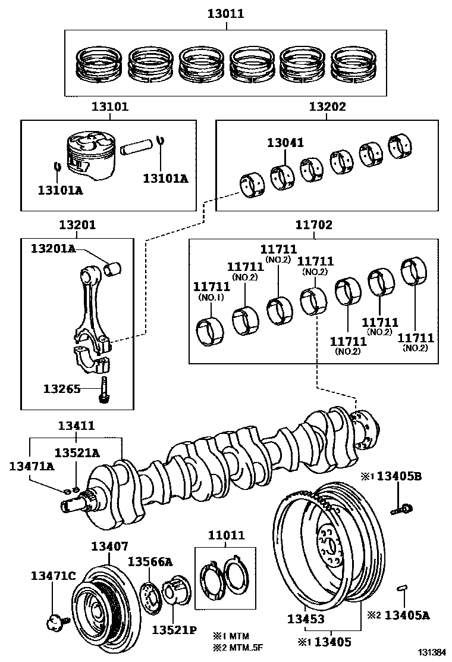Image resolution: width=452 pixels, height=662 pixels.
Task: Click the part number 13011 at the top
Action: (225, 13)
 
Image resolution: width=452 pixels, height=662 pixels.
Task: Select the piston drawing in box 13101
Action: (90, 155)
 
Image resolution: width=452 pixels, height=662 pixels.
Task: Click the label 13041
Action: (285, 143)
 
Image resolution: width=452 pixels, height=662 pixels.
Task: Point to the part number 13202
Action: (327, 107)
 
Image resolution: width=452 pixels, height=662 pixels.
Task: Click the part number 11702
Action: (313, 225)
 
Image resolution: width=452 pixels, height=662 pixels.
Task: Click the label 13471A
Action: (31, 466)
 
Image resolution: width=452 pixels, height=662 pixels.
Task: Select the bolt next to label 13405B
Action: (402, 509)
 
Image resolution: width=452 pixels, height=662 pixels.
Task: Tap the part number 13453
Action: (305, 619)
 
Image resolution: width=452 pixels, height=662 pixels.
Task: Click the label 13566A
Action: (150, 561)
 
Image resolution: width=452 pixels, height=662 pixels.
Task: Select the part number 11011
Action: (225, 535)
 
